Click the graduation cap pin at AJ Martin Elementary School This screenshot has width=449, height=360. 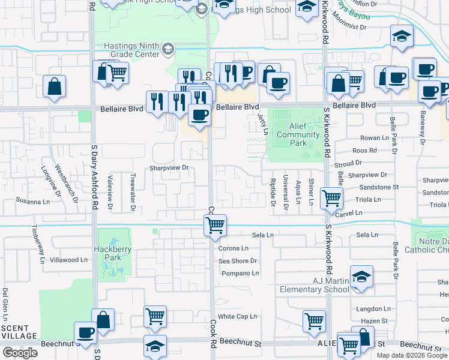point(362,277)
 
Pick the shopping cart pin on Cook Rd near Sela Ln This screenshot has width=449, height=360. point(215,226)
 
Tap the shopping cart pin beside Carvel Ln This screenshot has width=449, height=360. point(331,197)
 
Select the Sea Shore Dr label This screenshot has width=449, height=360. point(238,261)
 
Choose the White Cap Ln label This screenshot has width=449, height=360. point(237,316)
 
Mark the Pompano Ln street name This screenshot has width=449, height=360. point(240,273)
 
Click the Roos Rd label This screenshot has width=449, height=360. point(364,151)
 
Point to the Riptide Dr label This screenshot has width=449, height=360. point(273,192)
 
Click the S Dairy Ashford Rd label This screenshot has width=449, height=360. point(94,180)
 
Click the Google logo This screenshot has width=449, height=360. point(20,353)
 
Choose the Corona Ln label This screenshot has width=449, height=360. point(234,248)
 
